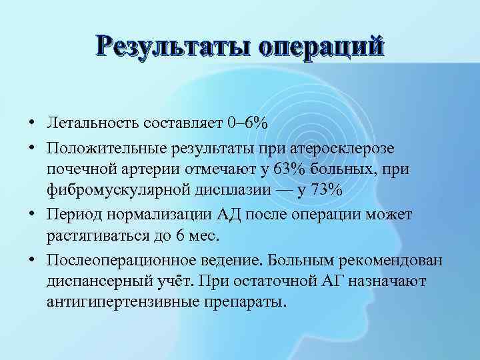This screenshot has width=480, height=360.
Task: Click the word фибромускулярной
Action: coord(117,191)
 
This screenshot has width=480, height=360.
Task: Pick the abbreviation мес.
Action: coord(224,237)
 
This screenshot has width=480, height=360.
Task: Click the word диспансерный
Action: coord(99,282)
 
